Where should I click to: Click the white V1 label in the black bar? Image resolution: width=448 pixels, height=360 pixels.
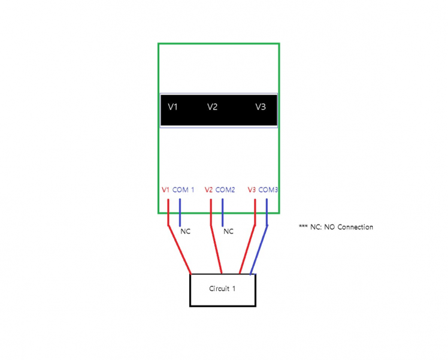tap(173, 107)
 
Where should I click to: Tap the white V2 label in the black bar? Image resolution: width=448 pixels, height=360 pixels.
tap(212, 107)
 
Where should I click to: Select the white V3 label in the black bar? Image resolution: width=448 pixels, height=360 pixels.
tap(261, 107)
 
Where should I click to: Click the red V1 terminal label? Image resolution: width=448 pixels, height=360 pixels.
tap(166, 190)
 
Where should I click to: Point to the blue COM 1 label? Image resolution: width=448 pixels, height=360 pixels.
tap(183, 190)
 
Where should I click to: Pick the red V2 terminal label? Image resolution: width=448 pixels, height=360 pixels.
tap(209, 190)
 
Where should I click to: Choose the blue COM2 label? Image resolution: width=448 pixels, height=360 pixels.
tap(225, 190)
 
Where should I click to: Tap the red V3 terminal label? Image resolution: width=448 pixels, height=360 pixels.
tap(252, 190)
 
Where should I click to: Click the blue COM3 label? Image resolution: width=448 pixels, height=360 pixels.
tap(268, 190)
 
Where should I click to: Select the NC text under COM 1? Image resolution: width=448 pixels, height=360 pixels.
tap(186, 231)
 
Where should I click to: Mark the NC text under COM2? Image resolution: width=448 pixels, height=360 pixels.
tap(229, 231)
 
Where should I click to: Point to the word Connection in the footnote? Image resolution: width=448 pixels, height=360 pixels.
tap(355, 227)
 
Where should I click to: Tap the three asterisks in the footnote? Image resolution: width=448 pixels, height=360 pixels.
tap(303, 226)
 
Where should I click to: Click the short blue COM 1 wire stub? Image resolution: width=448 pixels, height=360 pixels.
tap(180, 213)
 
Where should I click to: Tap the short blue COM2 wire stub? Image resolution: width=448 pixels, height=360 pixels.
tap(223, 213)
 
